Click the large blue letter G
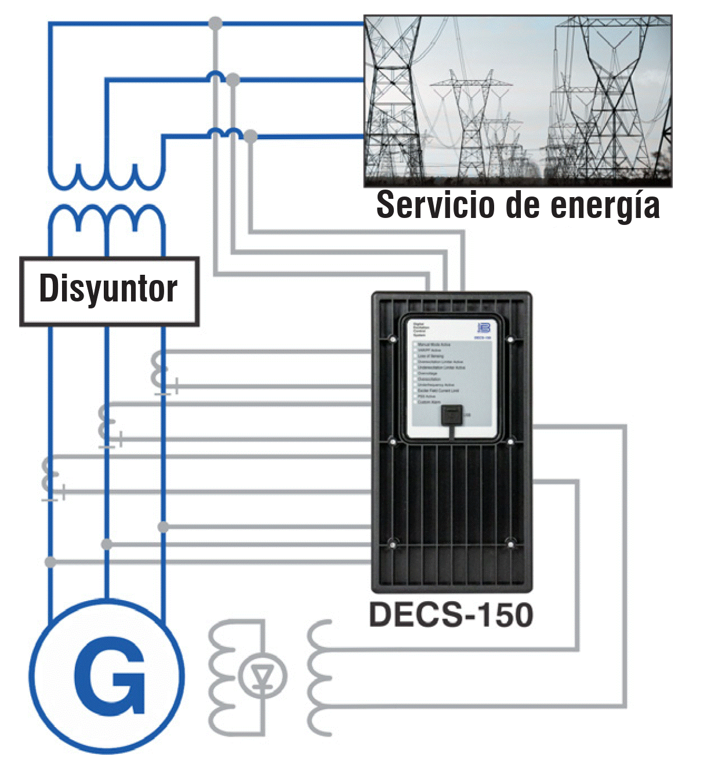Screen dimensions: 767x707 pos(110,676)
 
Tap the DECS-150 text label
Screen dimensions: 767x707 pos(451,615)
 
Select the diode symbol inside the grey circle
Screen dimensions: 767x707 pos(262,676)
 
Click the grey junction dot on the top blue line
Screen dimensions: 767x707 pos(215,24)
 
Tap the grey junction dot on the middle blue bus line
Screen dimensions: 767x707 pos(233,79)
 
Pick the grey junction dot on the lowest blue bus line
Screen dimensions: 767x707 pos(250,137)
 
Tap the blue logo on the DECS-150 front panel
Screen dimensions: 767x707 pos(484,328)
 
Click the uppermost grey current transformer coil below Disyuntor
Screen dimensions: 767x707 pos(158,372)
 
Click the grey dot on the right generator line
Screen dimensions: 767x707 pos(164,527)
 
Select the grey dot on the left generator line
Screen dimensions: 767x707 pos(50,562)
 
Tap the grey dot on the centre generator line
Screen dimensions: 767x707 pos(107,544)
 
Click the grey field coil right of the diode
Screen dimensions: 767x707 pos(319,678)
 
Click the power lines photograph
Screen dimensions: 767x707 pos(517,101)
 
